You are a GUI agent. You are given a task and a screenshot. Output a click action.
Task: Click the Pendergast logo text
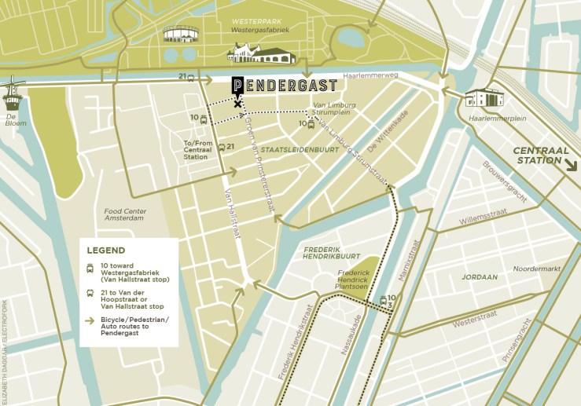pos(285,86)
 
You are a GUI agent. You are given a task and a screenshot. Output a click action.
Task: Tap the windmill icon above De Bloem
pos(14,93)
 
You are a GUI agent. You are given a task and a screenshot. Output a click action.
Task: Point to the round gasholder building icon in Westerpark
pos(182,35)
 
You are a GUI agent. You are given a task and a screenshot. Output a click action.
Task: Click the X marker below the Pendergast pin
pos(237,104)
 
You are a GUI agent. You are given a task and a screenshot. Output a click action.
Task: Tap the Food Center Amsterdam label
pos(124,214)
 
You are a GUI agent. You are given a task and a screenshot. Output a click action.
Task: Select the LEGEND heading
pos(106,251)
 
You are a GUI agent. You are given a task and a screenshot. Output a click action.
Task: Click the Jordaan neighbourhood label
pos(480,277)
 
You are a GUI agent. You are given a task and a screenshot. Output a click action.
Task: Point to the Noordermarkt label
pos(535,269)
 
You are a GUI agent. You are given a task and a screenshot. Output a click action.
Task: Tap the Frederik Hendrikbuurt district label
pos(332,253)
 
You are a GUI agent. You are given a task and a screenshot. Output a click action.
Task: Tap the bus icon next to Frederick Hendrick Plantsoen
pos(383,299)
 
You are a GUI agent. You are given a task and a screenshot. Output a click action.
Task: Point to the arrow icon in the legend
pos(91,320)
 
